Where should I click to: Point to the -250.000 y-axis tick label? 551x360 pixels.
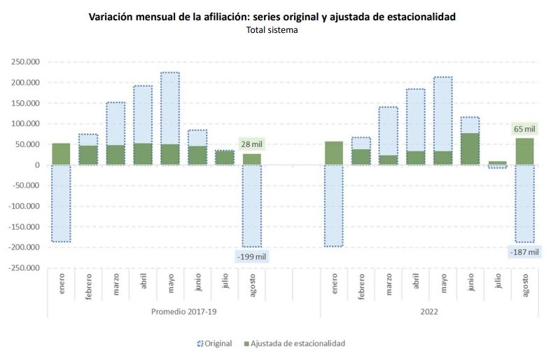pyautogui.click(x=23, y=268)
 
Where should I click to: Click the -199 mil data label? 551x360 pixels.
pyautogui.click(x=252, y=256)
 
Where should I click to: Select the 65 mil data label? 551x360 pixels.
pyautogui.click(x=524, y=129)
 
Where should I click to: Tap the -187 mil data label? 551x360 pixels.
pyautogui.click(x=524, y=251)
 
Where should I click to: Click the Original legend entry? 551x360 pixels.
pyautogui.click(x=215, y=343)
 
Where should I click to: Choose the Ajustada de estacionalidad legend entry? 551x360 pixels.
pyautogui.click(x=294, y=343)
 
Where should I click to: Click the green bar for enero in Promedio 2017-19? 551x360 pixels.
pyautogui.click(x=62, y=154)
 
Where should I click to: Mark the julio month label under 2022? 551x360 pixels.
pyautogui.click(x=498, y=286)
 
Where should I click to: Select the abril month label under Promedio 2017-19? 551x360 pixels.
pyautogui.click(x=144, y=286)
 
